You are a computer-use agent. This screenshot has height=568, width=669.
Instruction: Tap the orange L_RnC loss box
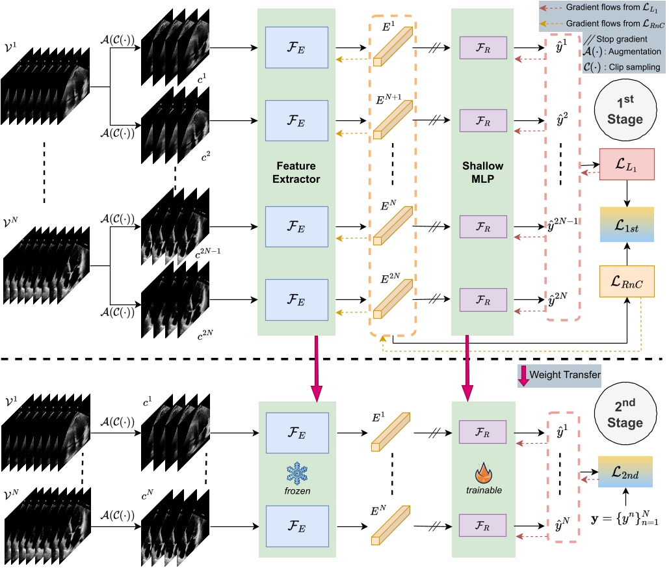tap(626, 281)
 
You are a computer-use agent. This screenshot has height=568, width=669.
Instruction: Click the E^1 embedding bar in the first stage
tap(393, 46)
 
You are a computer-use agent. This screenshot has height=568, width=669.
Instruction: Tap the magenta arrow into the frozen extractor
tap(317, 368)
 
